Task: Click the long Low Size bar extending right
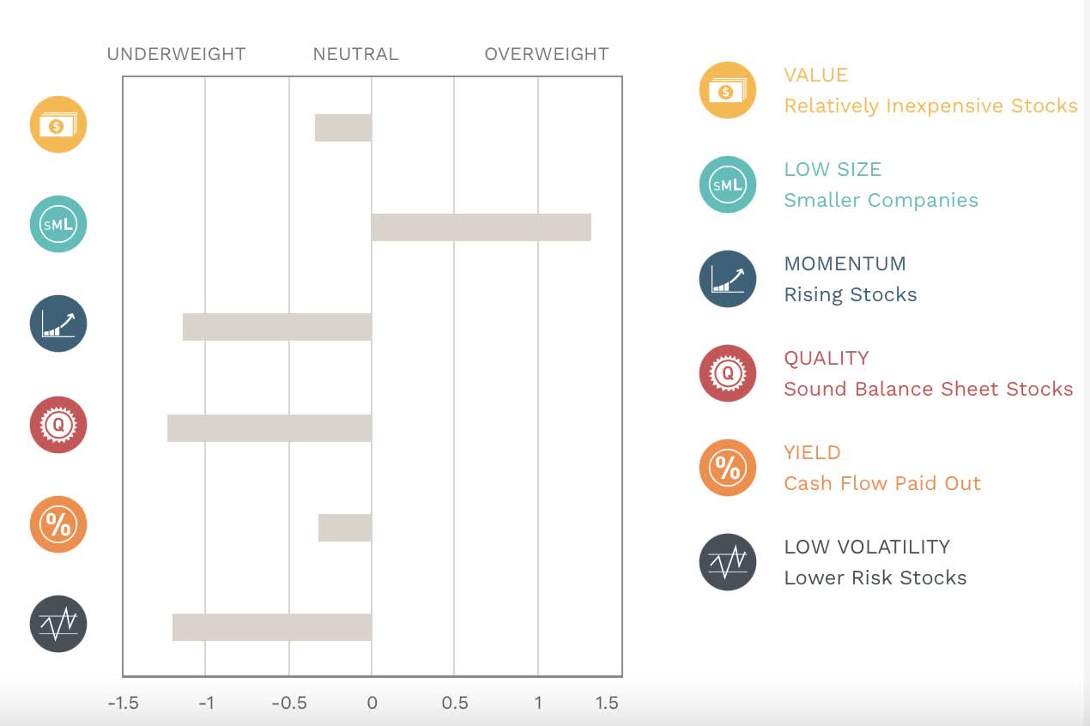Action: [481, 227]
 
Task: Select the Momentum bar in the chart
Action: [277, 327]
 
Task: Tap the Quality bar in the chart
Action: [269, 428]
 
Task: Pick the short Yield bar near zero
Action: [345, 528]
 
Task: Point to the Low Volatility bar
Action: [272, 627]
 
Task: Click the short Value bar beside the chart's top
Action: [343, 128]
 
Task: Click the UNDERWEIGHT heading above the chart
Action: [176, 54]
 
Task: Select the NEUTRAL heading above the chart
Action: [355, 54]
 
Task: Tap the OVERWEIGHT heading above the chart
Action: [547, 54]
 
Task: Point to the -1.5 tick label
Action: [123, 703]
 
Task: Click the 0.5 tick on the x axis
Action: [455, 703]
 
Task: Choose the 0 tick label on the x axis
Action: [372, 703]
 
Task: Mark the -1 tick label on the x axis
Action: [206, 703]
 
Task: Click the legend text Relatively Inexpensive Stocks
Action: [930, 106]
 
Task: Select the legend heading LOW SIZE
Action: [833, 169]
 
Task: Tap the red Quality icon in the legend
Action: [727, 373]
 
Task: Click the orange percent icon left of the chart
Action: [58, 524]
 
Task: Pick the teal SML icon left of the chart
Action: [58, 224]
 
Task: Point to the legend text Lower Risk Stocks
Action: [875, 578]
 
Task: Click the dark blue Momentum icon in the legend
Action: [727, 279]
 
